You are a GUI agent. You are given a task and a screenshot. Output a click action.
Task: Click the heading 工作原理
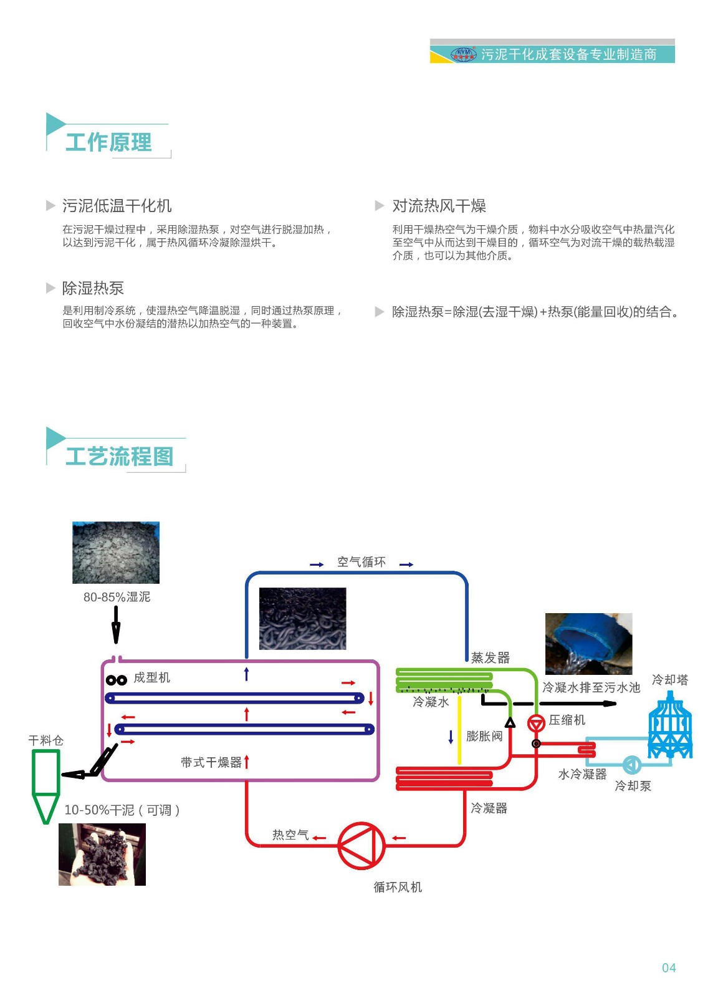pyautogui.click(x=108, y=142)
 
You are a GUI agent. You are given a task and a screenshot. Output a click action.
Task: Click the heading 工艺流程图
pyautogui.click(x=119, y=456)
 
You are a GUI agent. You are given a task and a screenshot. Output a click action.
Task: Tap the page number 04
pyautogui.click(x=669, y=967)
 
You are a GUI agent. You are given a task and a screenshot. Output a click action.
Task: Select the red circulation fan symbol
pyautogui.click(x=361, y=845)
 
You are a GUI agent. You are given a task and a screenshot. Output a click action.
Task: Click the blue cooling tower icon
pyautogui.click(x=670, y=727)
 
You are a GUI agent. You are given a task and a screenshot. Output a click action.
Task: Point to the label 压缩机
pyautogui.click(x=567, y=720)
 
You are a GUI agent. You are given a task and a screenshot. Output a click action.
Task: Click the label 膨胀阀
pyautogui.click(x=484, y=736)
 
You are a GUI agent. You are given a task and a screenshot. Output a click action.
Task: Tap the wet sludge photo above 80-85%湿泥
pyautogui.click(x=116, y=553)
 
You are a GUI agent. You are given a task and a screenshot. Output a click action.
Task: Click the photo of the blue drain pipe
pyautogui.click(x=588, y=644)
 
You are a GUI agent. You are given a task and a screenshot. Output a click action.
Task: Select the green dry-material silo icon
pyautogui.click(x=45, y=783)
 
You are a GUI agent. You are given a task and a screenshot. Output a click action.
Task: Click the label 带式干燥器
pyautogui.click(x=211, y=762)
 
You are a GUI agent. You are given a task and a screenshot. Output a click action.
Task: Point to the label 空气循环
pyautogui.click(x=362, y=562)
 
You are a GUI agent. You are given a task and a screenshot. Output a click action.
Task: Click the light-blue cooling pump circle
pyautogui.click(x=631, y=765)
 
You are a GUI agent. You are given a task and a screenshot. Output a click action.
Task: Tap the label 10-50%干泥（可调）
pyautogui.click(x=122, y=810)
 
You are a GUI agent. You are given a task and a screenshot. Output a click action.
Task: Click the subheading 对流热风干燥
pyautogui.click(x=439, y=206)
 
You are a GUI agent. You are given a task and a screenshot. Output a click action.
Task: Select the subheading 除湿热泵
pyautogui.click(x=93, y=288)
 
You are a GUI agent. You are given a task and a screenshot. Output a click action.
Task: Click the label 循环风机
pyautogui.click(x=398, y=887)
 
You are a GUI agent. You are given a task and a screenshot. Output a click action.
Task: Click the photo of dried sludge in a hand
pyautogui.click(x=102, y=855)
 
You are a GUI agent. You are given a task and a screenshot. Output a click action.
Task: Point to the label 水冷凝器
pyautogui.click(x=582, y=774)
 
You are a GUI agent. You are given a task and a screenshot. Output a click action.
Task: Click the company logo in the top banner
pyautogui.click(x=463, y=54)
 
